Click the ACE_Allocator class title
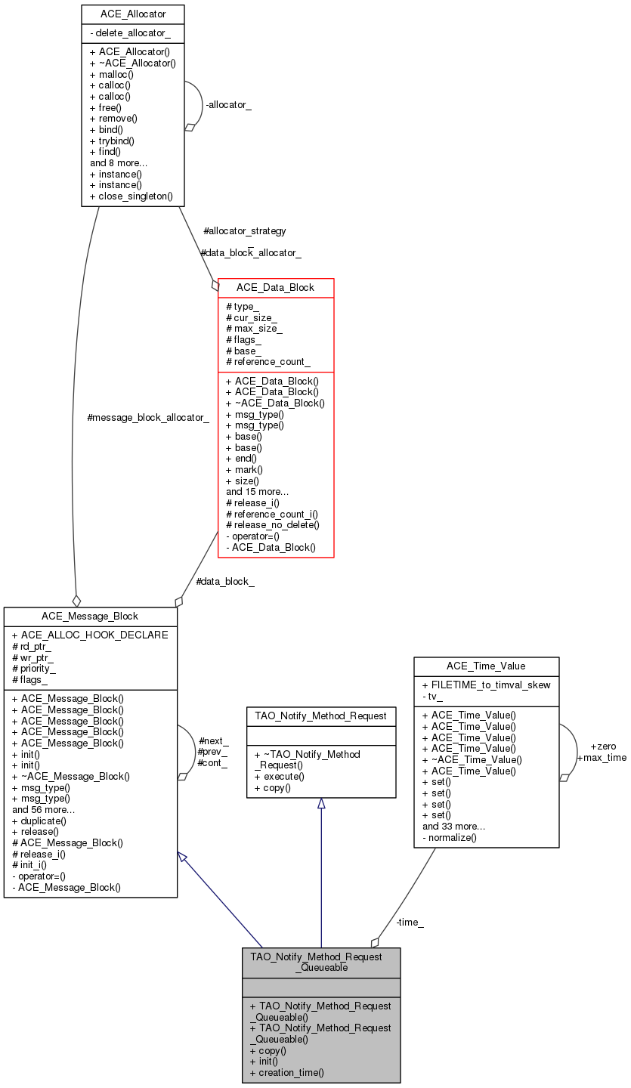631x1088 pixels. coord(133,14)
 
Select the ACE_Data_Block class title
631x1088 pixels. coord(275,288)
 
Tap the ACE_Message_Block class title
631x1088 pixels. coord(90,617)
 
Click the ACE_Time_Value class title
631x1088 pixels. coord(486,666)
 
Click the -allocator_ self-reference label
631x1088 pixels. coord(228,105)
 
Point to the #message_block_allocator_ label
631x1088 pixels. coord(148,417)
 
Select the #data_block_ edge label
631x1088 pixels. coord(224,582)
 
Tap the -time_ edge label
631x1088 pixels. coord(410,922)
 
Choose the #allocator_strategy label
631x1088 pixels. coord(244,230)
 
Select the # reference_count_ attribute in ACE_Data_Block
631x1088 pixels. coord(268,363)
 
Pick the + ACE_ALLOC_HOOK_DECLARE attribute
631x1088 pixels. coord(90,635)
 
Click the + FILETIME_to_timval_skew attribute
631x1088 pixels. coord(486,685)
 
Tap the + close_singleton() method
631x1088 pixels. coord(131,196)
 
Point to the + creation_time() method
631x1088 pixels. coord(286,1072)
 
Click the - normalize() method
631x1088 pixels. coord(450,837)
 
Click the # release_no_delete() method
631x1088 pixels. coord(272,525)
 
